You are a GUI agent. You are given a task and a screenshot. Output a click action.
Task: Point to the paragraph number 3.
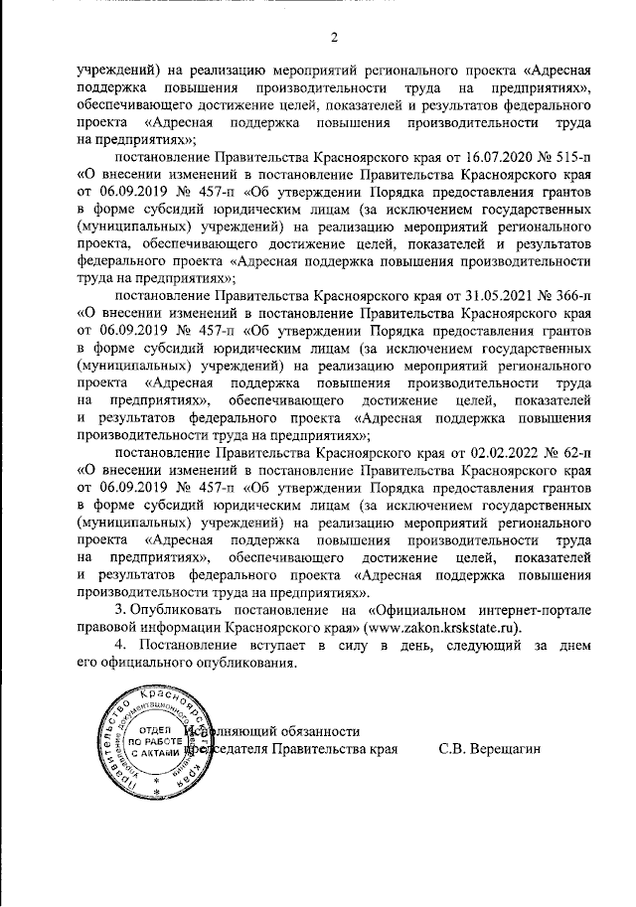point(120,610)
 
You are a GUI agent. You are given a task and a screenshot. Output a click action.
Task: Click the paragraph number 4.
point(120,647)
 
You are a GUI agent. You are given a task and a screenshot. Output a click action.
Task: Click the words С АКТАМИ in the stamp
point(141,754)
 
